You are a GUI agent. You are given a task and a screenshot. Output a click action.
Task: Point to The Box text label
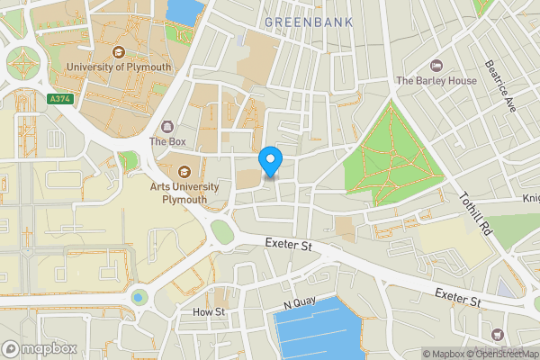(x=167, y=141)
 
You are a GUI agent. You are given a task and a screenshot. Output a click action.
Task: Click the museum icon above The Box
(x=167, y=126)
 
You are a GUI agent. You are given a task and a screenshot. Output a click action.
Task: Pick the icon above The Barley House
(x=436, y=65)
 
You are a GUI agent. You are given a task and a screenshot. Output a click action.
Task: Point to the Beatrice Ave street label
(x=499, y=85)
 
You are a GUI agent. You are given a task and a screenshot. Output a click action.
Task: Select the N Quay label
(x=296, y=306)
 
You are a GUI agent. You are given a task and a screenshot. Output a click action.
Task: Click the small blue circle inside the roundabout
(x=138, y=296)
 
